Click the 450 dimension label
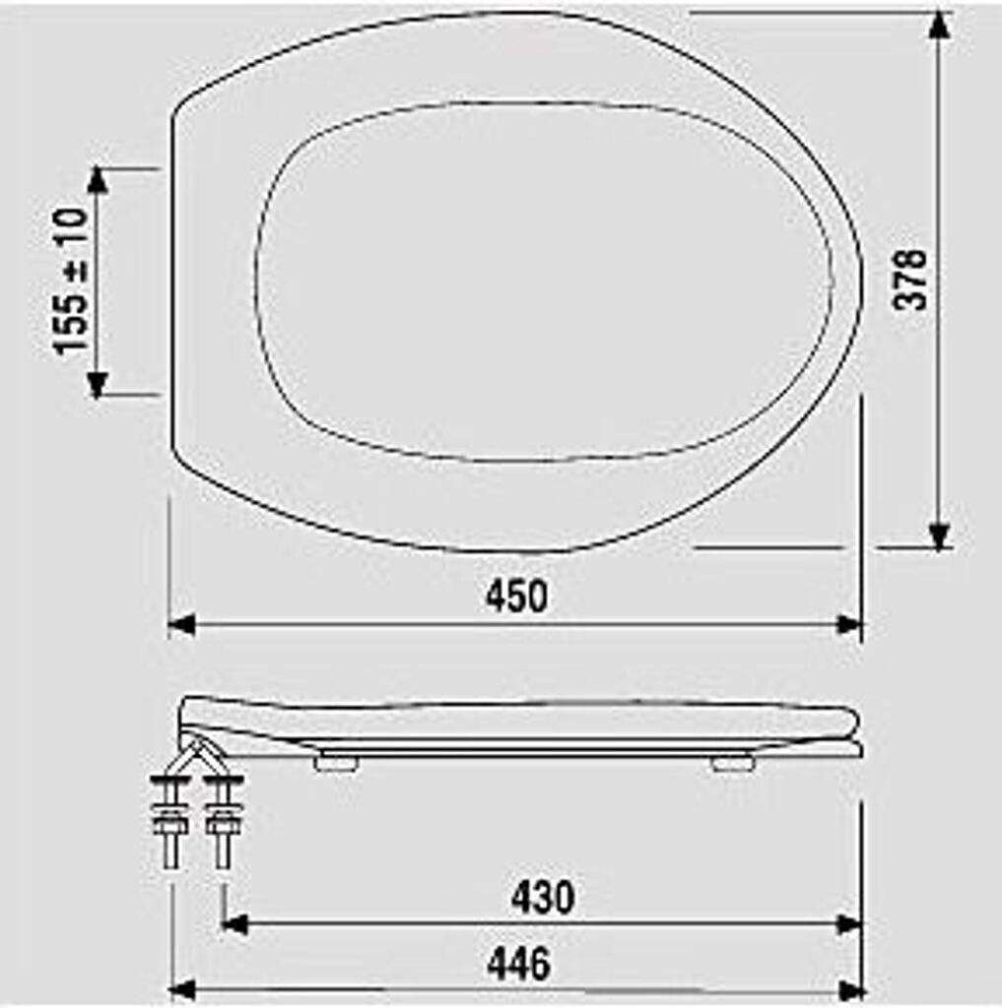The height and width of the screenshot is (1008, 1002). click(515, 597)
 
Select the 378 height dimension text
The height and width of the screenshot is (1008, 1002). click(910, 280)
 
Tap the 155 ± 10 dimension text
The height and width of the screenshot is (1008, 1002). click(72, 281)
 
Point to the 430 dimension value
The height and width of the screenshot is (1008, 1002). click(543, 897)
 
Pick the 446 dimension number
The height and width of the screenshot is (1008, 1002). click(518, 964)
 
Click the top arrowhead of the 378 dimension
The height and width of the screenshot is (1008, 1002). click(939, 25)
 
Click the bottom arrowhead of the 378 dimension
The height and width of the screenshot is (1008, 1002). click(939, 536)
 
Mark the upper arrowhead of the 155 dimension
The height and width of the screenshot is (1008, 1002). click(97, 180)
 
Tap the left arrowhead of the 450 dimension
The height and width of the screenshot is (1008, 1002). click(181, 624)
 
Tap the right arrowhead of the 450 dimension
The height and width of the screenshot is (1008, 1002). click(848, 624)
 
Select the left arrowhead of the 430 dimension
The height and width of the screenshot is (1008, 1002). click(234, 923)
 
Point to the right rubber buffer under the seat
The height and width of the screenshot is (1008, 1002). click(731, 762)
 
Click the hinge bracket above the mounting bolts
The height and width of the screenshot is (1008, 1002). click(196, 750)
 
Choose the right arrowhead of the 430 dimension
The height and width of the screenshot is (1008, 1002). click(848, 923)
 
